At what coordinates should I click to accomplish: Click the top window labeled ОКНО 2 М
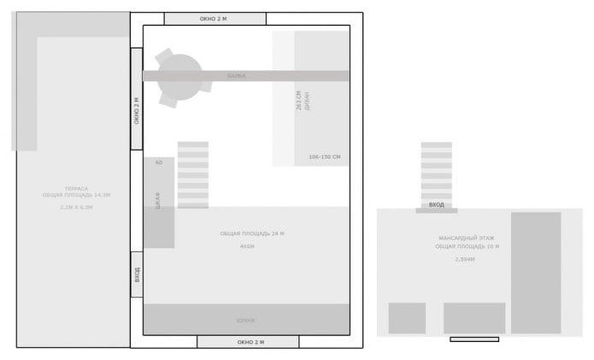pyautogui.click(x=215, y=19)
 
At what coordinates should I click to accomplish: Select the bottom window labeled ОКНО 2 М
pyautogui.click(x=248, y=342)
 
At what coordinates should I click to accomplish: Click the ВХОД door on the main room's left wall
pyautogui.click(x=137, y=274)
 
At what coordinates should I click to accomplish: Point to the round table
pyautogui.click(x=179, y=76)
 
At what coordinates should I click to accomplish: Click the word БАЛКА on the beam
pyautogui.click(x=237, y=76)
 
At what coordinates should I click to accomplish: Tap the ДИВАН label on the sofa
pyautogui.click(x=306, y=103)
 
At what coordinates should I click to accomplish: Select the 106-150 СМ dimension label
pyautogui.click(x=325, y=157)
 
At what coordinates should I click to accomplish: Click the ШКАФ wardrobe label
pyautogui.click(x=158, y=201)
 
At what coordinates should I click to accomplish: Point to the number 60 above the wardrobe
pyautogui.click(x=159, y=162)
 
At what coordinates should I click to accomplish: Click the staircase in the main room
pyautogui.click(x=193, y=175)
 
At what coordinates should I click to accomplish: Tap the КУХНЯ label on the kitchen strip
pyautogui.click(x=246, y=321)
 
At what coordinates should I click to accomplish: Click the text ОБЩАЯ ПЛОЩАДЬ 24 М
pyautogui.click(x=252, y=233)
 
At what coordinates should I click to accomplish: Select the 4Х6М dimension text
pyautogui.click(x=247, y=246)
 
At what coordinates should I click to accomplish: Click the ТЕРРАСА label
pyautogui.click(x=76, y=188)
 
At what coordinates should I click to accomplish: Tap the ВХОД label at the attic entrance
pyautogui.click(x=437, y=205)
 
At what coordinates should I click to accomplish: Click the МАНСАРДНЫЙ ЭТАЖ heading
pyautogui.click(x=467, y=238)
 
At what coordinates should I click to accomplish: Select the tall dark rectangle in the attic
pyautogui.click(x=536, y=273)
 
